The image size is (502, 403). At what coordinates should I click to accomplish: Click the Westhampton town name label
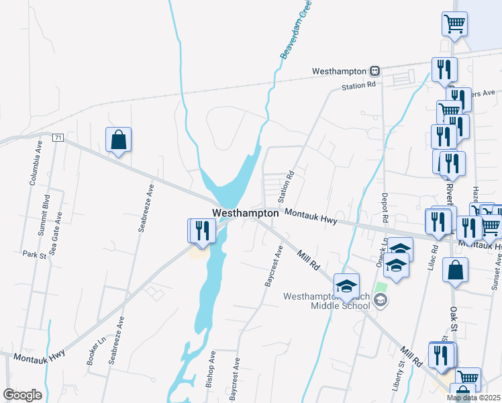(245, 213)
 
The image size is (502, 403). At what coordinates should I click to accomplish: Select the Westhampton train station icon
(376, 71)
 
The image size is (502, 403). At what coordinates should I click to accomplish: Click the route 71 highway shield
(58, 138)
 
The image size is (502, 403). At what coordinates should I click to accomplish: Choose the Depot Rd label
(385, 209)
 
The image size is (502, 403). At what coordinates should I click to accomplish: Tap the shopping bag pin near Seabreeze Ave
(118, 140)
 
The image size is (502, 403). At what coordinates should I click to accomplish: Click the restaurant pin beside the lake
(202, 230)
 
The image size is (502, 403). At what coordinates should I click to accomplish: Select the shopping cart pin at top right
(455, 24)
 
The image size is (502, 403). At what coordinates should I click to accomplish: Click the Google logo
(22, 395)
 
